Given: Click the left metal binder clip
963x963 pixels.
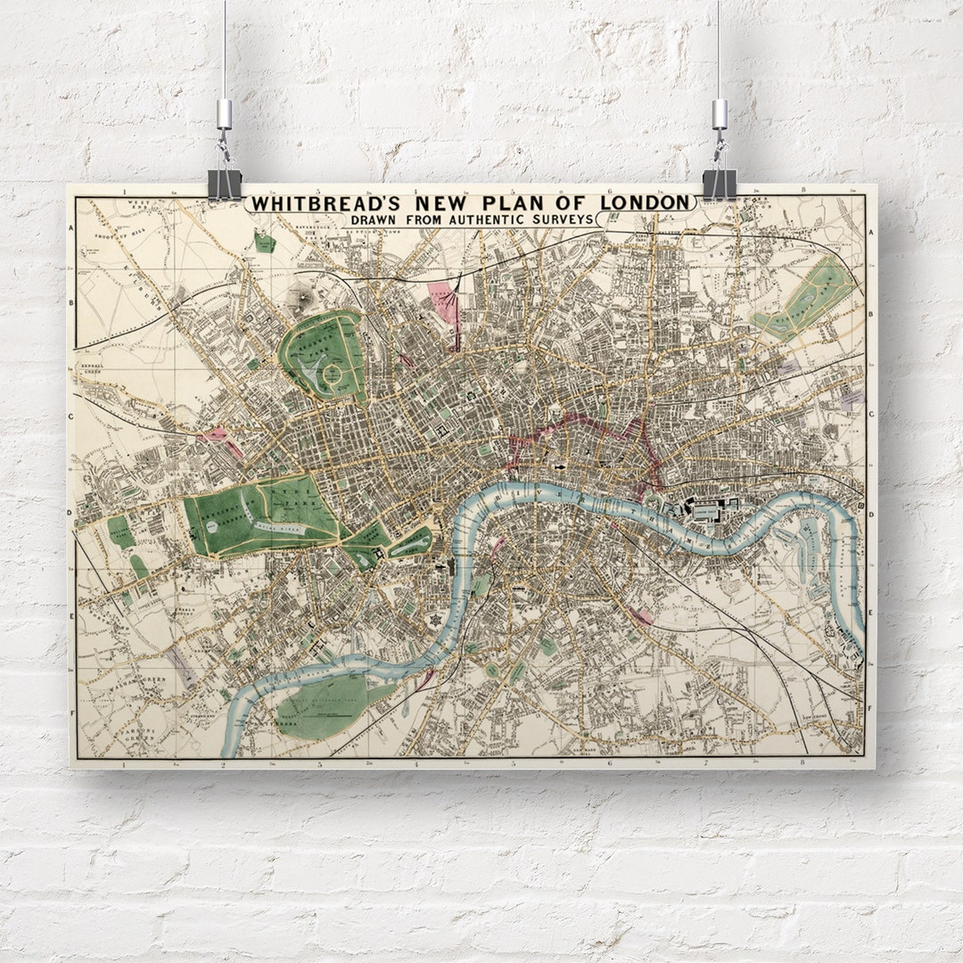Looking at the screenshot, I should [x=225, y=183].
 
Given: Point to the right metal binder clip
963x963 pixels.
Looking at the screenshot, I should [x=719, y=183].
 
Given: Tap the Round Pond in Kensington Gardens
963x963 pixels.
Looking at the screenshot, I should [x=214, y=527].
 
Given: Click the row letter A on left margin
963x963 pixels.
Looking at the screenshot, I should [x=71, y=228].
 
